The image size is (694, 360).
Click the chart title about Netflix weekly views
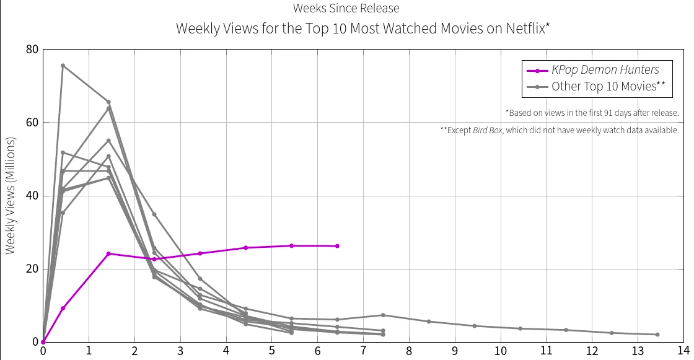[x=363, y=29]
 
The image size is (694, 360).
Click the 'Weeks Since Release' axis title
[x=346, y=8]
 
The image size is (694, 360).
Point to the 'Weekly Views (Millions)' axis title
[x=10, y=195]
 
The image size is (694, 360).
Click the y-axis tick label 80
[x=32, y=50]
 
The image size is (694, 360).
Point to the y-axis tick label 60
[x=32, y=123]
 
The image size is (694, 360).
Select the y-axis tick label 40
[x=32, y=196]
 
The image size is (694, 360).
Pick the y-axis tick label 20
[x=32, y=269]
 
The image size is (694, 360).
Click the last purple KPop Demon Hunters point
[x=337, y=246]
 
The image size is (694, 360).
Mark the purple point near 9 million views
[x=63, y=308]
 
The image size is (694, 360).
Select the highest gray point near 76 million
[x=63, y=66]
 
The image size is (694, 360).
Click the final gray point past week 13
[x=657, y=335]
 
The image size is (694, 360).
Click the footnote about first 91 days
[x=592, y=113]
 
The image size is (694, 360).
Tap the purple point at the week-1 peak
[x=108, y=253]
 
